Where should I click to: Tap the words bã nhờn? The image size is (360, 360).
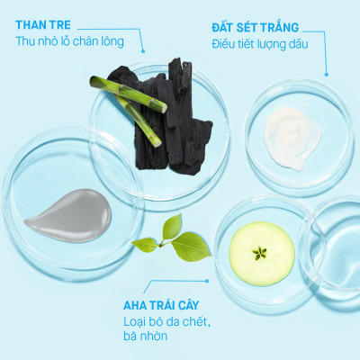147,337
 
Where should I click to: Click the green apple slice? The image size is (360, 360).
262,252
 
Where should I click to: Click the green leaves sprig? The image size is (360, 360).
171,238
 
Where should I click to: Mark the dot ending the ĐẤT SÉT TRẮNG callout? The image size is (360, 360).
325,73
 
